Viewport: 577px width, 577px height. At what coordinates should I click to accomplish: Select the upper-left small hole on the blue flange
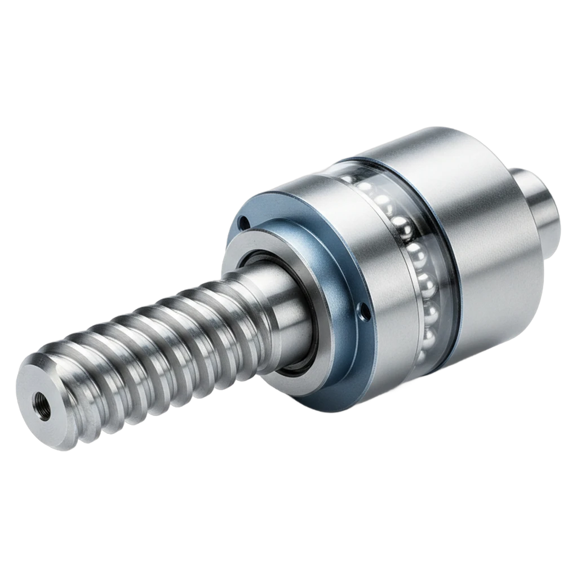(x=243, y=223)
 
